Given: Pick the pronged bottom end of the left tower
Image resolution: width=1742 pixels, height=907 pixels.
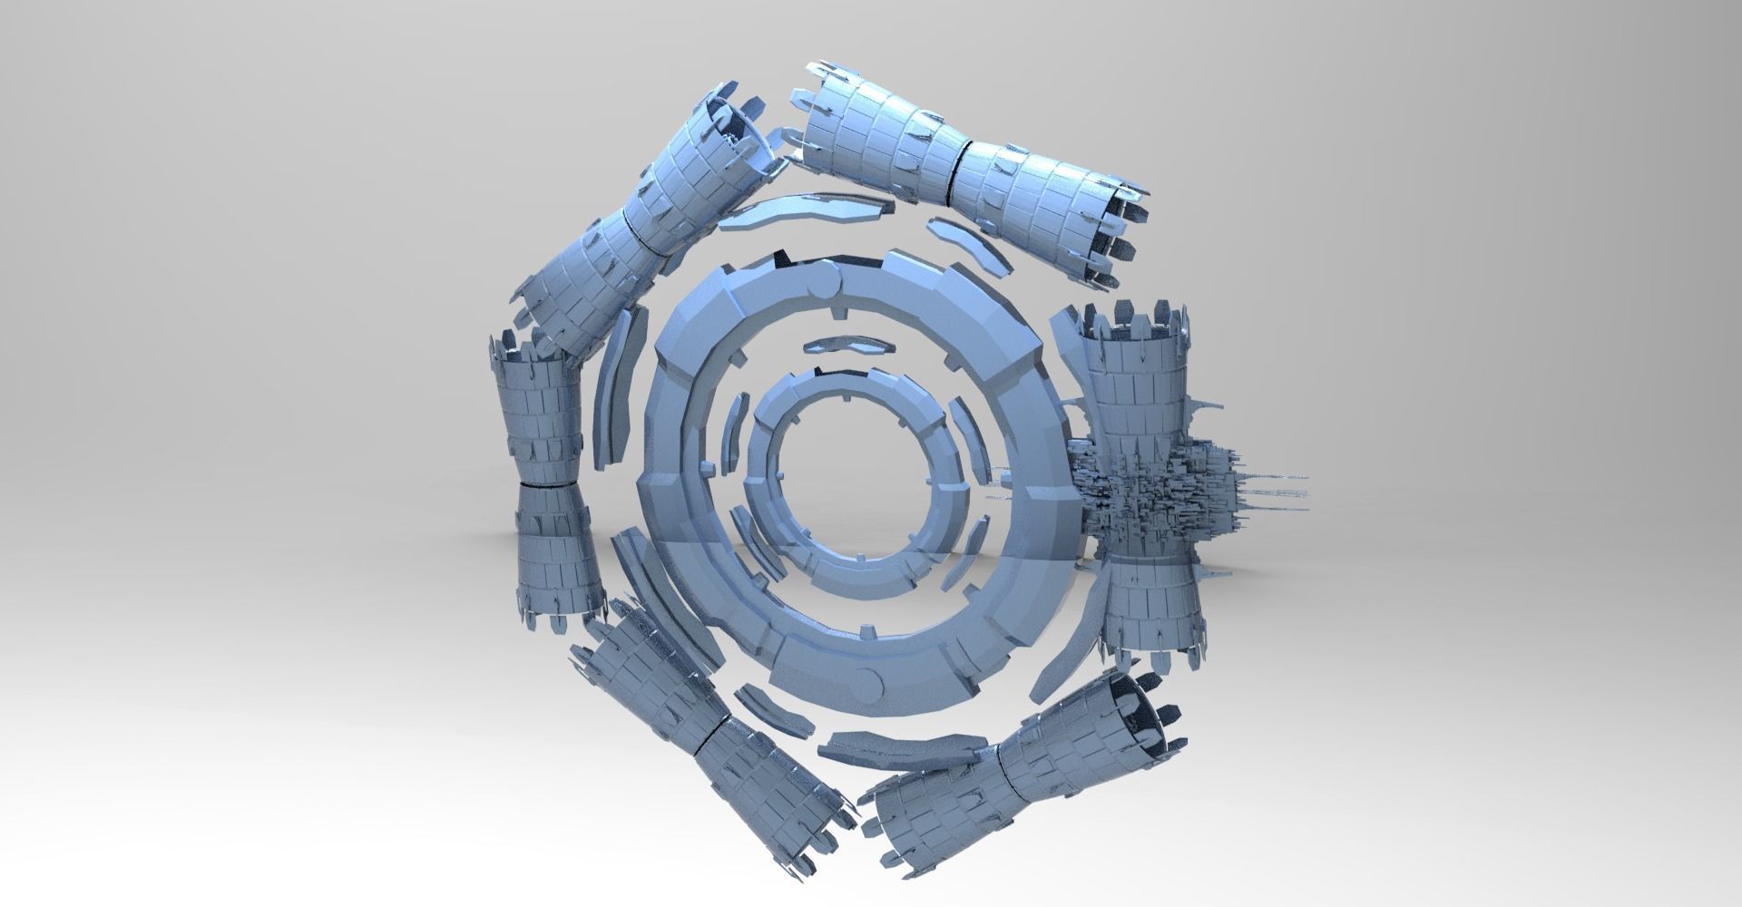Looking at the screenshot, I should point(563,617).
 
